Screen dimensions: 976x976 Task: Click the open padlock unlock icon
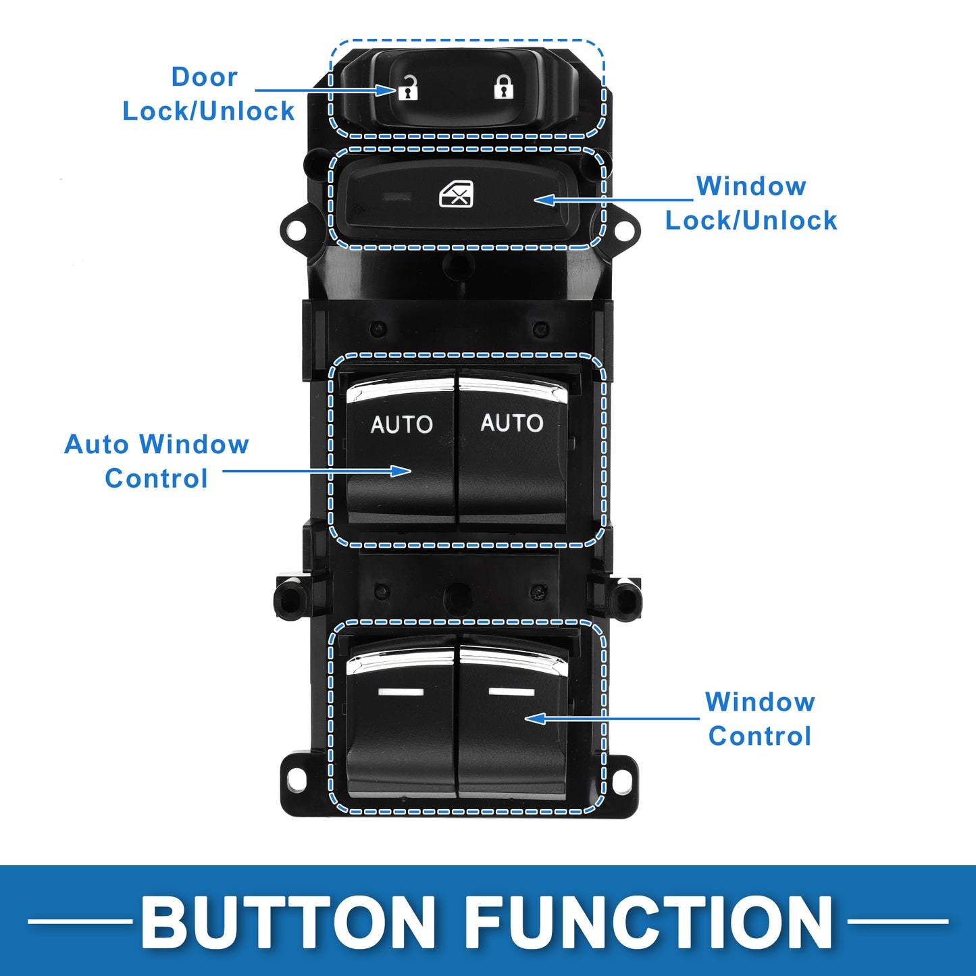tap(408, 88)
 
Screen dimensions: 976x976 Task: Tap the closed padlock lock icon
tap(503, 86)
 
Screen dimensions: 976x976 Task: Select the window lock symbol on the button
tap(456, 194)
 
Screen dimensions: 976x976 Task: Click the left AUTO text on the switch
tap(402, 424)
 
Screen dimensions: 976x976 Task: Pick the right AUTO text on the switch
tap(511, 423)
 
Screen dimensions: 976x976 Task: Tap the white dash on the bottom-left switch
tap(401, 692)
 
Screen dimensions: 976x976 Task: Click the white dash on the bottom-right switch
tap(511, 692)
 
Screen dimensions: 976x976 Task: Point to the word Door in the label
tap(205, 77)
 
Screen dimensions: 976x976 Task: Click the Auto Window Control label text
tap(157, 461)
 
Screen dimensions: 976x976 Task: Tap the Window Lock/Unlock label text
tap(751, 203)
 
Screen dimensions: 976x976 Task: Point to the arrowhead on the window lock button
tap(545, 200)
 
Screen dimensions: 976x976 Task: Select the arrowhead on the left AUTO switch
tap(401, 471)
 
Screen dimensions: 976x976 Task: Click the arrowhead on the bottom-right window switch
tap(536, 718)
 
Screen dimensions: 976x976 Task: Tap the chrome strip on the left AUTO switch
tap(400, 389)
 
